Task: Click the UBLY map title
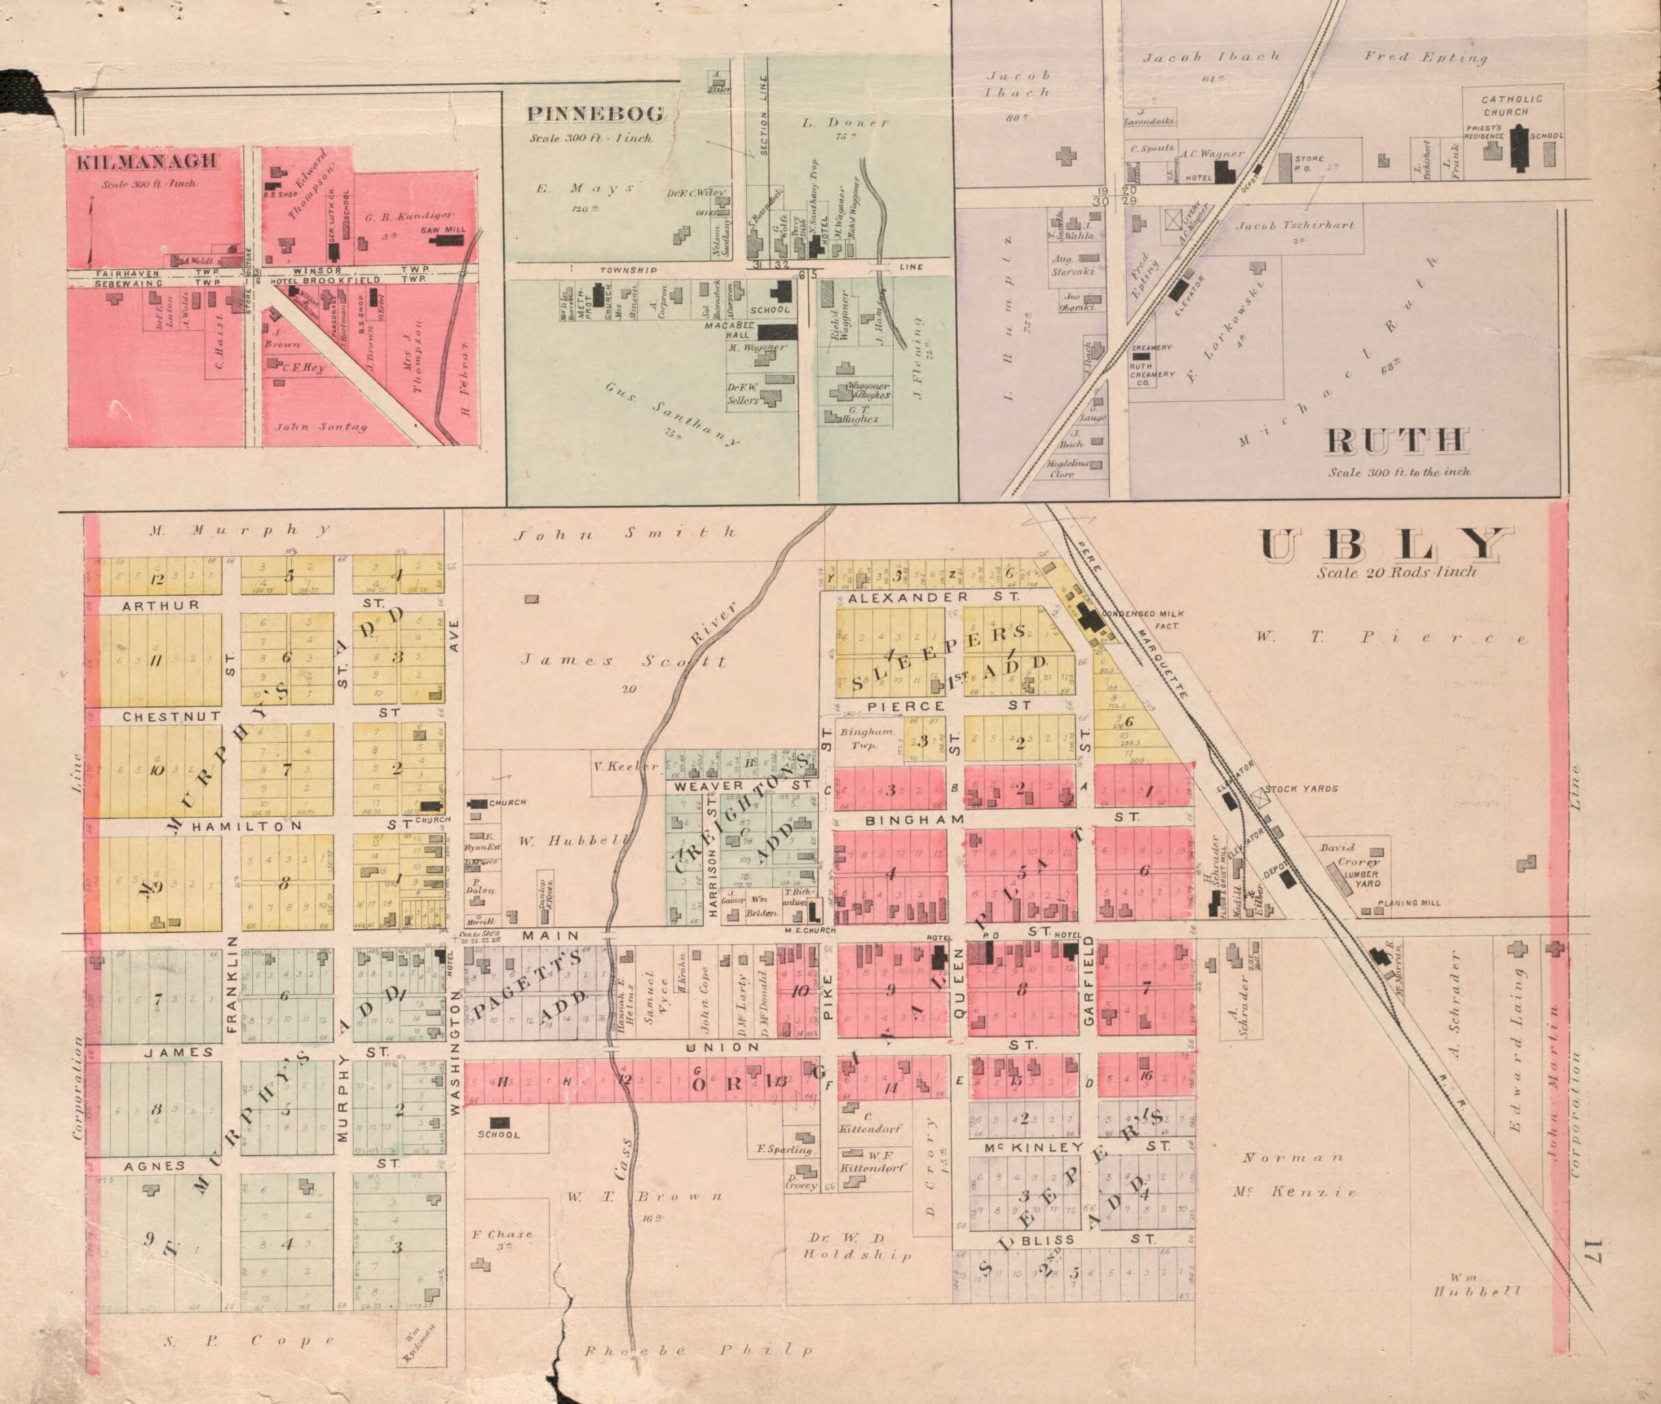click(x=1385, y=546)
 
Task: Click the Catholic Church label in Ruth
click(x=1511, y=105)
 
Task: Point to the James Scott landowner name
click(x=623, y=661)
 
